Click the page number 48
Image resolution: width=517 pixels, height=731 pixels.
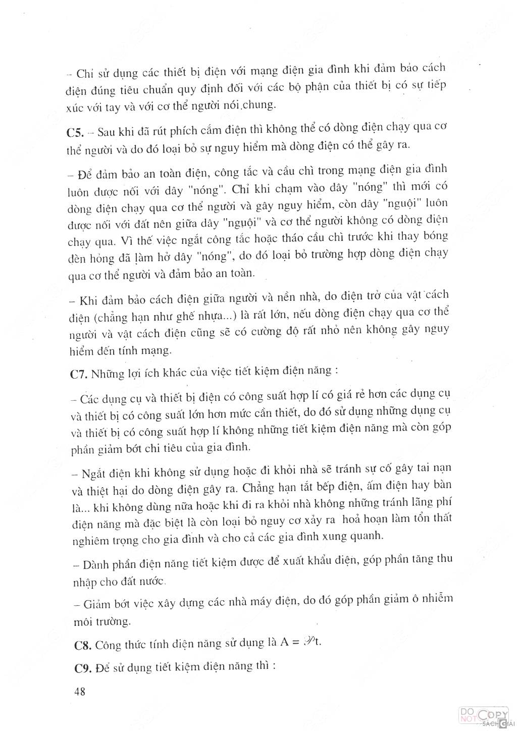[x=79, y=692]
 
